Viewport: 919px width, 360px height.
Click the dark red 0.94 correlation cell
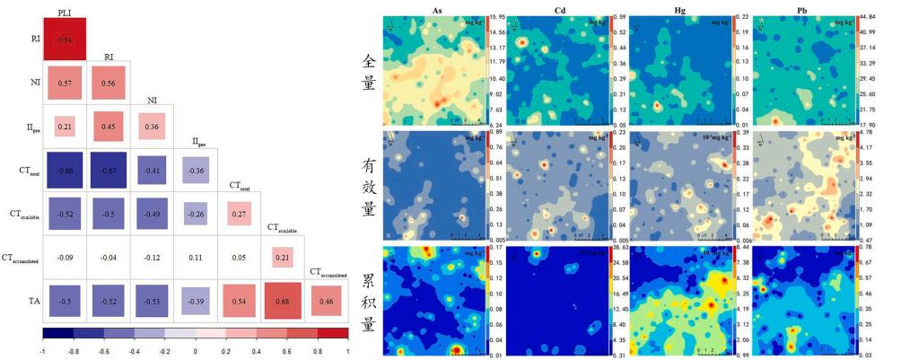pos(65,40)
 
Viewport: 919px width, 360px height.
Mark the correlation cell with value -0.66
pos(65,170)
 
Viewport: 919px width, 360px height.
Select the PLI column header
pos(65,13)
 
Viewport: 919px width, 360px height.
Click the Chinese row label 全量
pos(367,71)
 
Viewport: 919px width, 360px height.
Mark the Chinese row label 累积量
pos(367,299)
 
